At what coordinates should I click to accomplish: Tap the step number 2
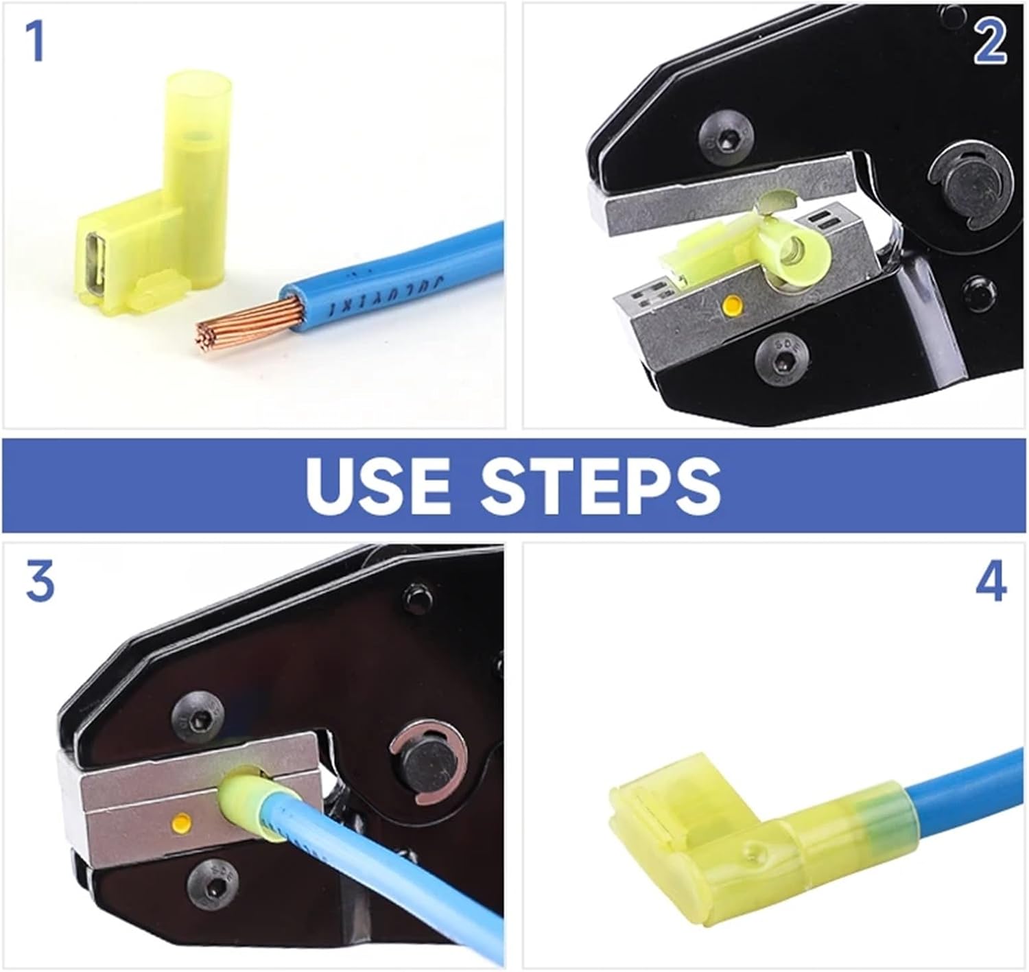(x=990, y=41)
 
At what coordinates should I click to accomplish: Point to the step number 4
(x=990, y=582)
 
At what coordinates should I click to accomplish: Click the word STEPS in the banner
(x=600, y=485)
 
